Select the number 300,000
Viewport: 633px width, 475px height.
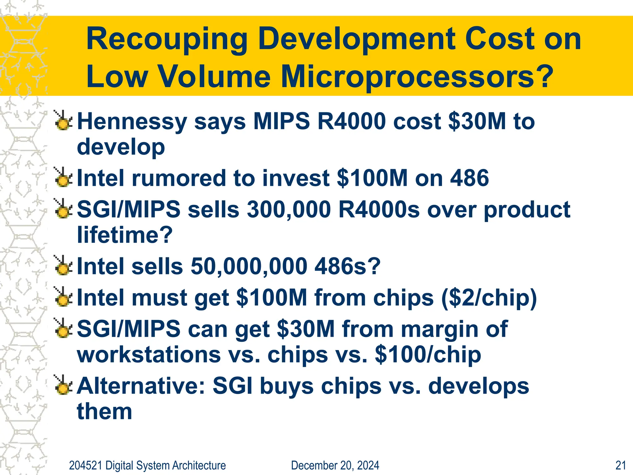click(x=289, y=210)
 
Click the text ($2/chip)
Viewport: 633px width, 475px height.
click(x=489, y=297)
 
